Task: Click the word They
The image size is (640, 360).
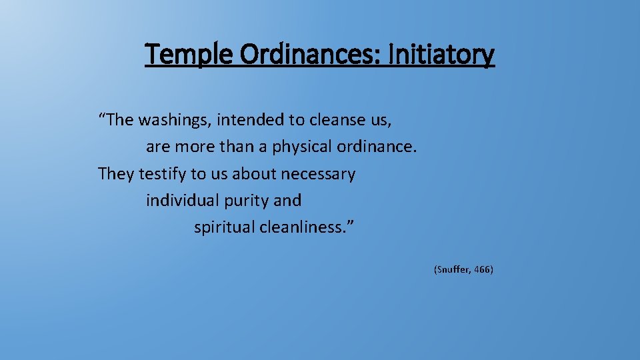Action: click(x=116, y=174)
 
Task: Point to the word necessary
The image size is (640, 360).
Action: click(x=318, y=174)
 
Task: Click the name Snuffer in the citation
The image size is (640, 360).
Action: click(x=453, y=270)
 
